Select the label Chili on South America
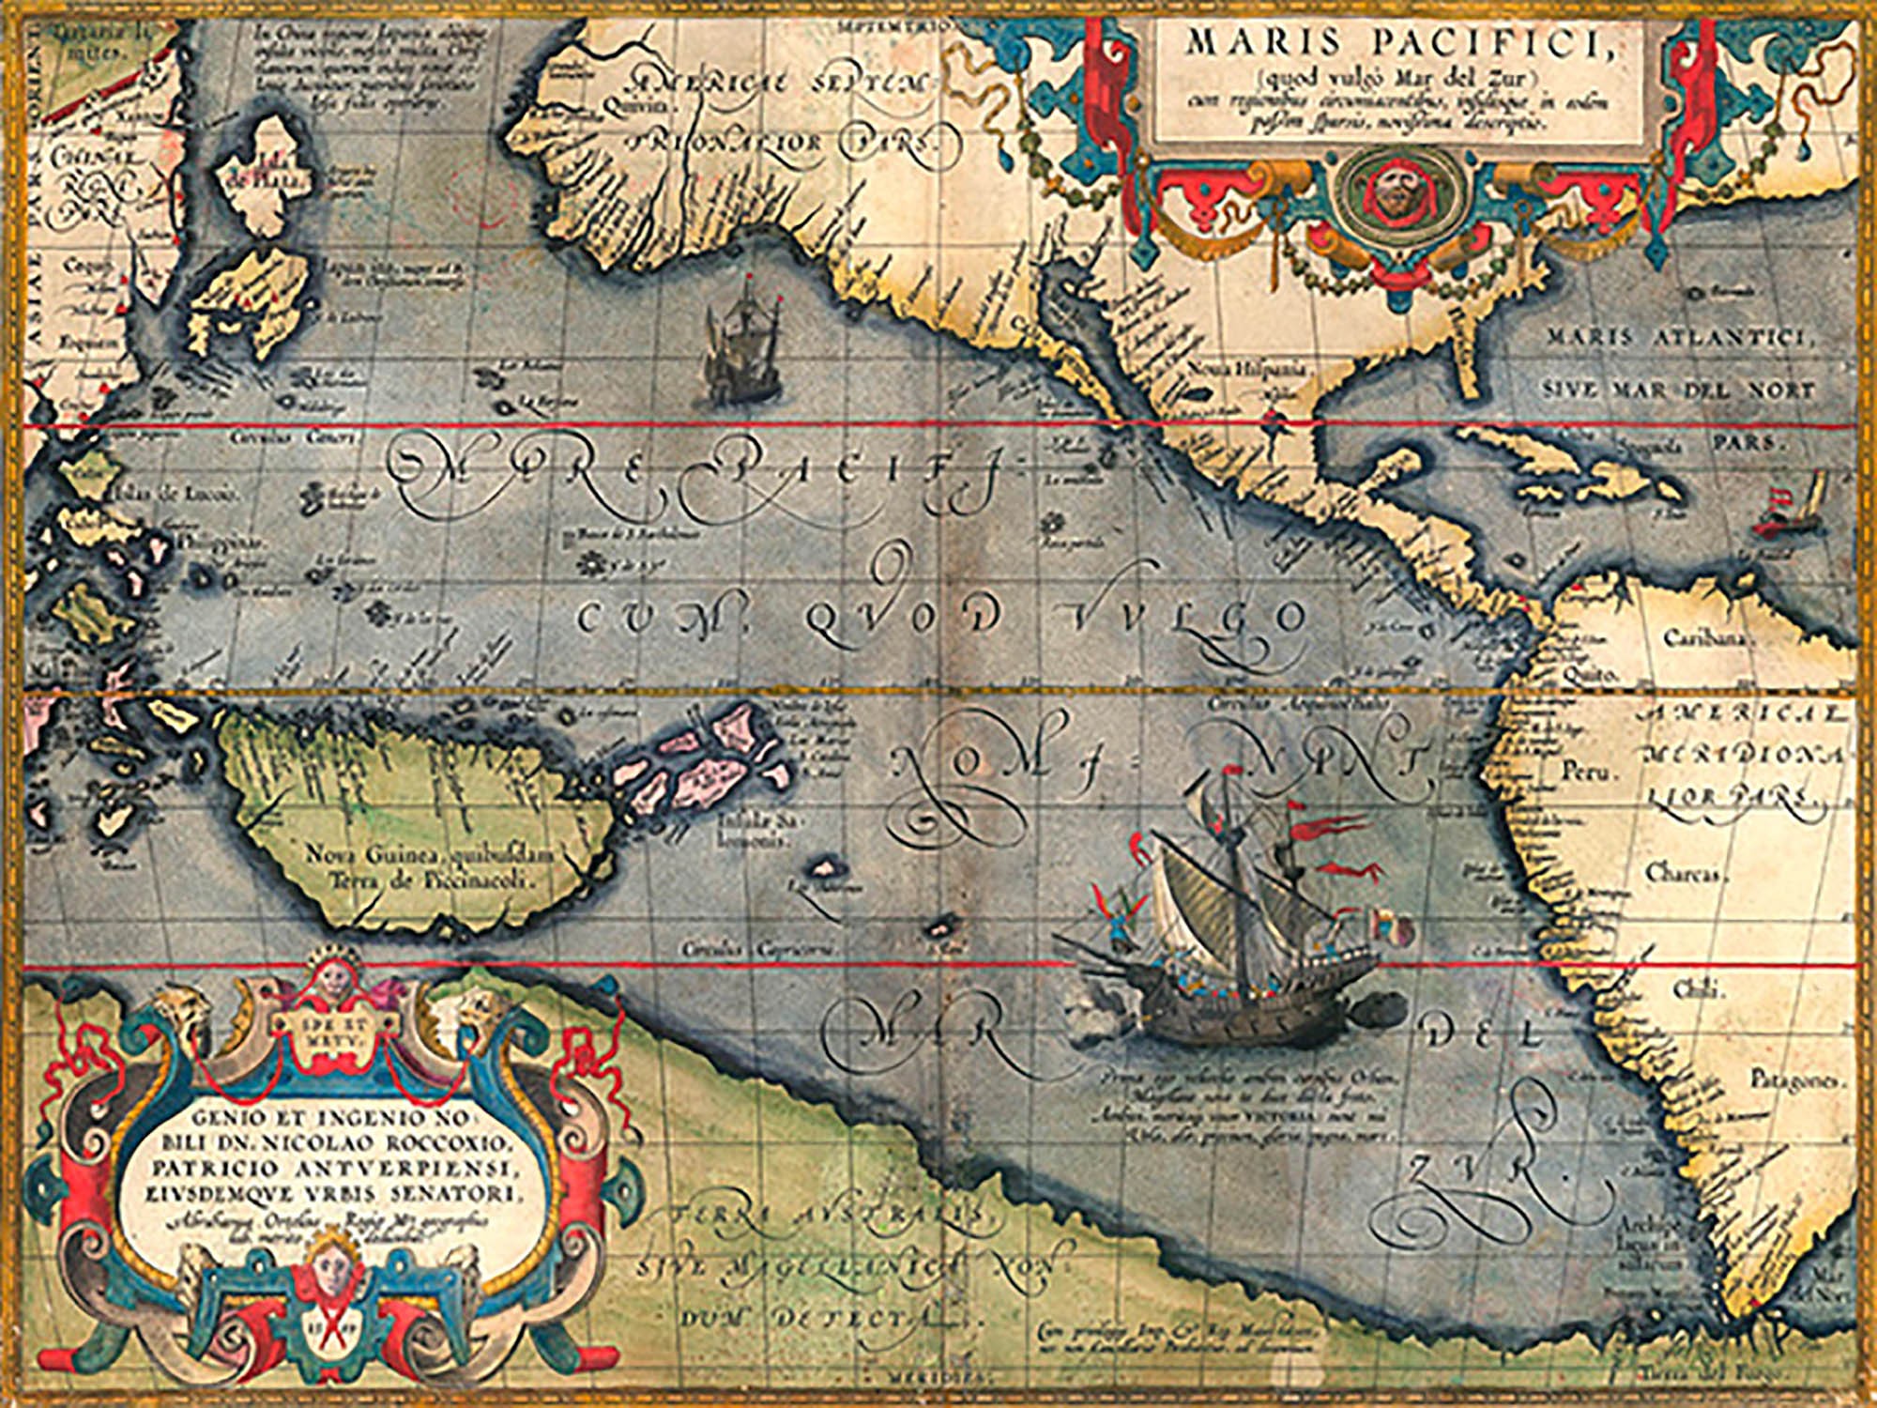[x=1700, y=988]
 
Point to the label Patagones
[x=1796, y=1081]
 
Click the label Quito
[x=1594, y=673]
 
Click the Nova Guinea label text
[x=431, y=855]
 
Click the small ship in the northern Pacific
[x=741, y=347]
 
